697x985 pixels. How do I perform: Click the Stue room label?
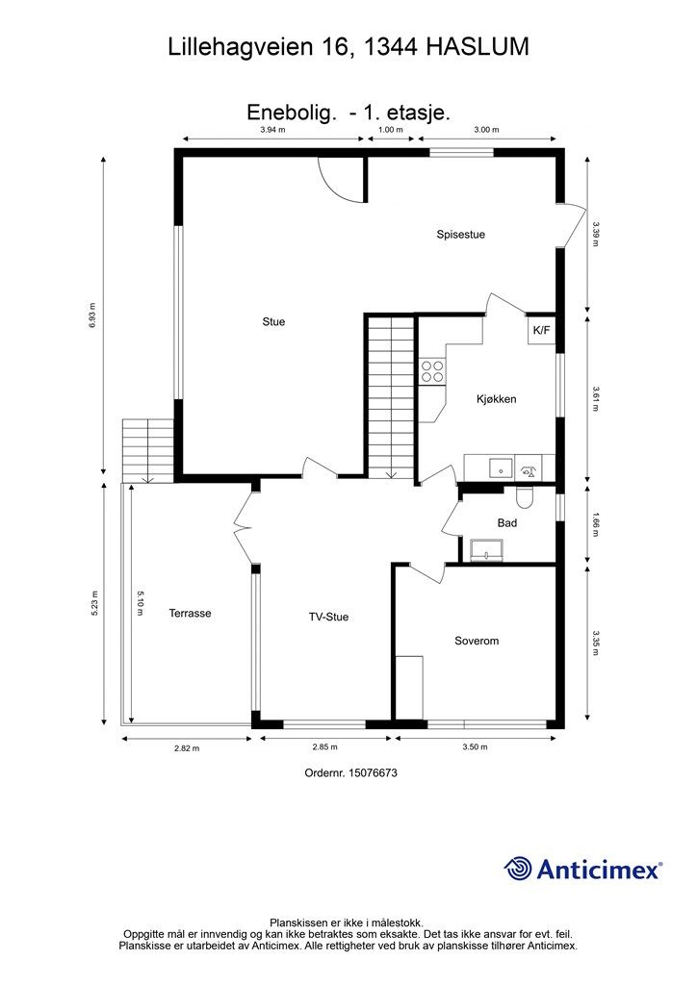(273, 321)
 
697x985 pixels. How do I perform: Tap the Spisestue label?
(461, 235)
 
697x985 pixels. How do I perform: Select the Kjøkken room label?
(496, 399)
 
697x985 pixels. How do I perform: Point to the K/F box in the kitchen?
(541, 330)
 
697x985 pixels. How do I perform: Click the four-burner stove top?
(432, 370)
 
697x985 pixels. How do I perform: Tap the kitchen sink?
(501, 468)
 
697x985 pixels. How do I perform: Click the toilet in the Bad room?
(524, 497)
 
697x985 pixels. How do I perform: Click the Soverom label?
(477, 641)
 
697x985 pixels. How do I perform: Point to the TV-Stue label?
(328, 617)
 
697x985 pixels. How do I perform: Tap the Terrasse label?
(190, 613)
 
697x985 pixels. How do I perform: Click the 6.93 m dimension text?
(92, 316)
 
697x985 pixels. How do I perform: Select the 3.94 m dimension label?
(272, 130)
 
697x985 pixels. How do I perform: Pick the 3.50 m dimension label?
(475, 746)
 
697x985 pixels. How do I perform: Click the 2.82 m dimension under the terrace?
(187, 748)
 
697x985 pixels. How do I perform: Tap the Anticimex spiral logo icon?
(518, 869)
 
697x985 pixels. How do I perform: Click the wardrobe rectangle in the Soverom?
(409, 687)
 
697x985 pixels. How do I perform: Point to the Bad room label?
(507, 522)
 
